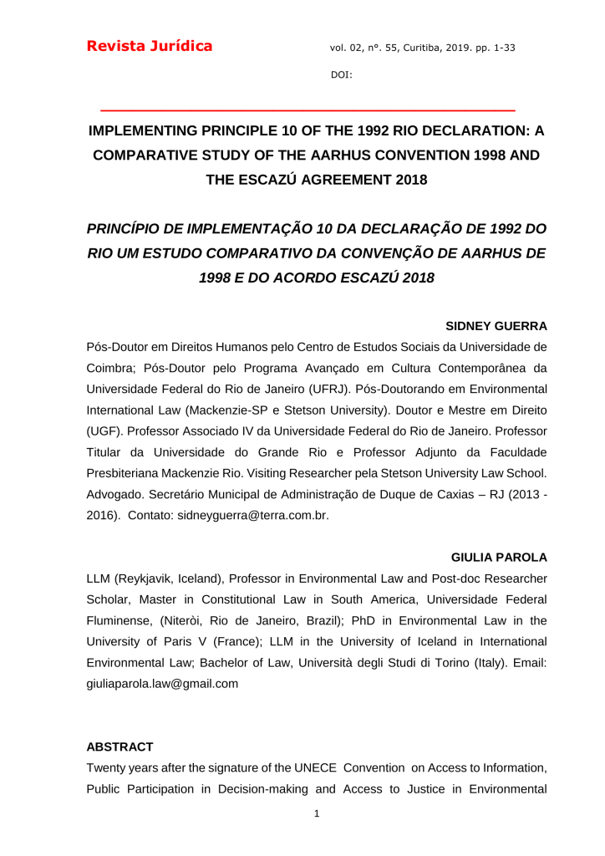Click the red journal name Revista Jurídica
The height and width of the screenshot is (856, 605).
click(150, 46)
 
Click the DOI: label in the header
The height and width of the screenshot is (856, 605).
click(342, 75)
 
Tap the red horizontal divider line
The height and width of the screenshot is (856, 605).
click(308, 110)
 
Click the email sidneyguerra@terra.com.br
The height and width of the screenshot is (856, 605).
click(252, 517)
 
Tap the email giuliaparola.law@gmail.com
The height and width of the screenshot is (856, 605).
click(163, 684)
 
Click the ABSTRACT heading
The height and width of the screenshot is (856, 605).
click(120, 746)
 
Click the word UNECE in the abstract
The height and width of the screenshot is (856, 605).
click(315, 768)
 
